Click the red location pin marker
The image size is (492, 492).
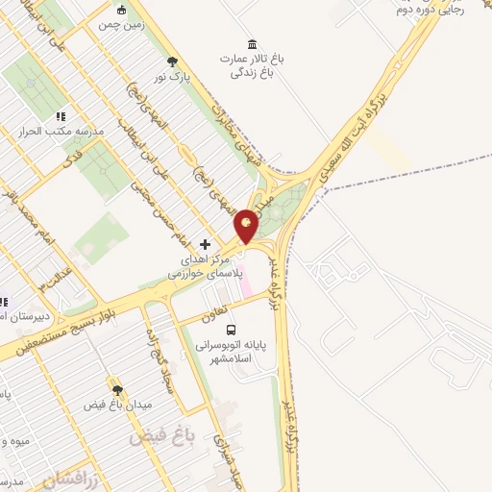247,225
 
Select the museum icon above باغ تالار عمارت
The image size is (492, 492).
252,44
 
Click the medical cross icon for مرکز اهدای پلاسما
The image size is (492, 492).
205,244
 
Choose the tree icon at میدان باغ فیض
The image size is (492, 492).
117,390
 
